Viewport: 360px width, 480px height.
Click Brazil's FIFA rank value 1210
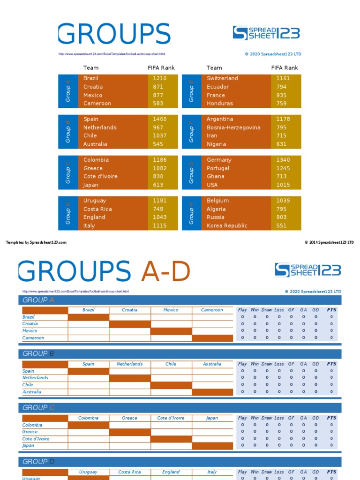(159, 78)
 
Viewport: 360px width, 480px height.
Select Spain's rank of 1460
(159, 119)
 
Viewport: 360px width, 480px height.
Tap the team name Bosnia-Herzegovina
(233, 127)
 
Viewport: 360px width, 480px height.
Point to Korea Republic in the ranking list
(227, 225)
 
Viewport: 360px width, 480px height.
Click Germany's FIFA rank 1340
(283, 160)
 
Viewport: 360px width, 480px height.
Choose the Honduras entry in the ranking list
(220, 103)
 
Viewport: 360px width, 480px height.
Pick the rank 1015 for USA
(283, 185)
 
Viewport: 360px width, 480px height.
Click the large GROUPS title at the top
(114, 34)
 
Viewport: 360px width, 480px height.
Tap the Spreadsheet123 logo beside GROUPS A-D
(307, 270)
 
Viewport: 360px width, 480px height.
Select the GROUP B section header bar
(180, 354)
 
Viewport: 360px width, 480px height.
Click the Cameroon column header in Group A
(212, 310)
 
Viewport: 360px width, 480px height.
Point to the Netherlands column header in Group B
(130, 364)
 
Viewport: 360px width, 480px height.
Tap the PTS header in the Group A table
(331, 310)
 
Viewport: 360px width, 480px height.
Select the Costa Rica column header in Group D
(130, 472)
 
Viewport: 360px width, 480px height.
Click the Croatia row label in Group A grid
(30, 323)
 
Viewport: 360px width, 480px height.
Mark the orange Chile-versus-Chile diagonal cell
(171, 385)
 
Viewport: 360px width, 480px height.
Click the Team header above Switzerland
(214, 67)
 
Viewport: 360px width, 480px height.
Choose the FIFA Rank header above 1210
(161, 67)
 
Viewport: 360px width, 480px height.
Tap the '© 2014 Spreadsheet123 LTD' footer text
(329, 242)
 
